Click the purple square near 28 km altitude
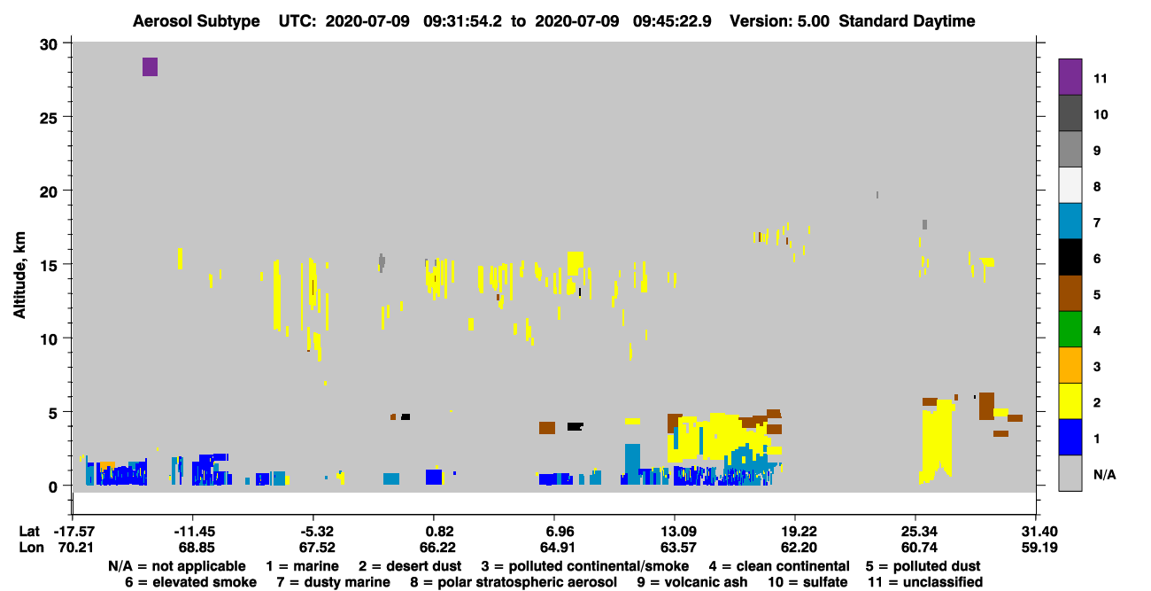[x=150, y=66]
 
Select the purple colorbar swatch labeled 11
[x=1070, y=77]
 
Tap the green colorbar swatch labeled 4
[x=1070, y=330]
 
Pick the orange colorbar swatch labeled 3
[x=1070, y=365]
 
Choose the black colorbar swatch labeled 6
[x=1070, y=257]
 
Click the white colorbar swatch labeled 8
[x=1070, y=185]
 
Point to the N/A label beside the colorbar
[x=1104, y=474]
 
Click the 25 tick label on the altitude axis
[x=49, y=119]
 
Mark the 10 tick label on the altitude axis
[x=49, y=339]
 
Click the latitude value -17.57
[x=73, y=531]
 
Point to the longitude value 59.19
[x=1039, y=548]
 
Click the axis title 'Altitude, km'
[x=19, y=275]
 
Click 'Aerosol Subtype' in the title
[x=197, y=21]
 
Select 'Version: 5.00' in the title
[x=779, y=21]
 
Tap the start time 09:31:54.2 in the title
[x=462, y=21]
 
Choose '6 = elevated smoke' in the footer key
[x=190, y=582]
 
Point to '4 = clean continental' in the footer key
[x=779, y=566]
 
